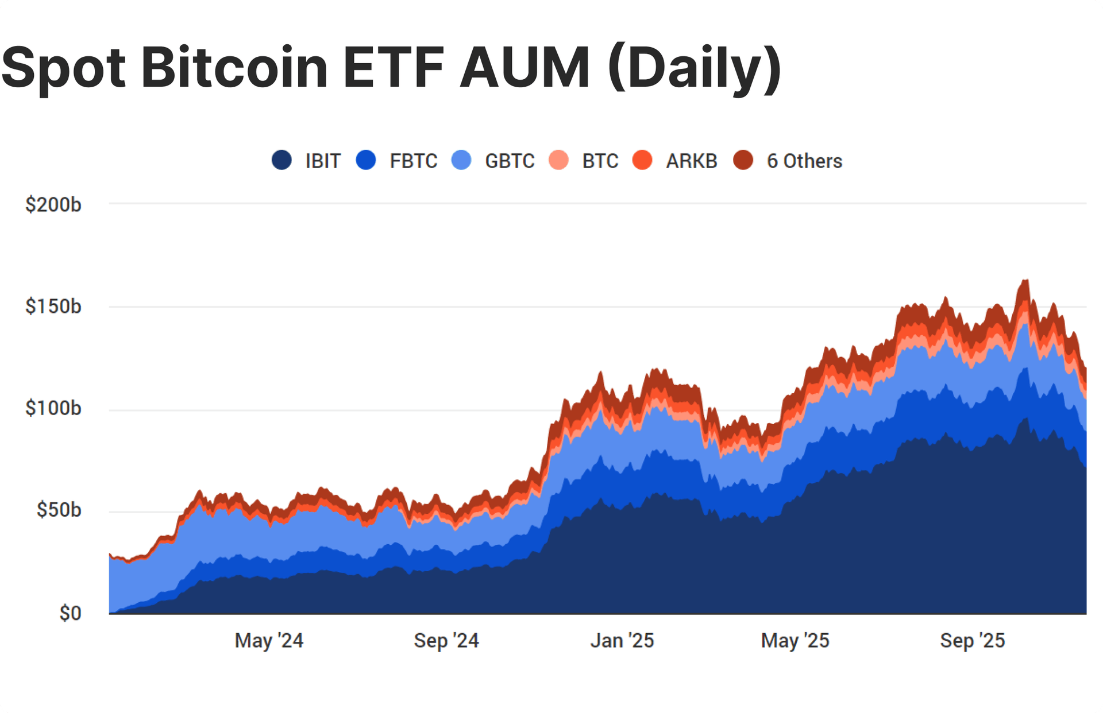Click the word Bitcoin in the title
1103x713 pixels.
tap(234, 68)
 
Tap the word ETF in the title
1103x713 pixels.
tap(394, 68)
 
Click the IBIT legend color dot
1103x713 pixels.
tap(281, 160)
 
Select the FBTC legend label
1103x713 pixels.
tap(413, 161)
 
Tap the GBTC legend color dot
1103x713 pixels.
tap(461, 160)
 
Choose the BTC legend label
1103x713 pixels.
tap(600, 161)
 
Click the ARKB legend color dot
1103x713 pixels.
tap(642, 160)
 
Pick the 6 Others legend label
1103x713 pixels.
tap(804, 161)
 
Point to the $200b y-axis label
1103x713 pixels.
tap(53, 204)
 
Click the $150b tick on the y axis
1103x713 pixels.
tap(53, 307)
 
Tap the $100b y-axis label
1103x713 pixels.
tap(53, 408)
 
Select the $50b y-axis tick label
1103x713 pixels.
tap(59, 510)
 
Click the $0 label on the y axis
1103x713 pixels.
tap(70, 613)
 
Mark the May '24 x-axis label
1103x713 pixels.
tap(269, 641)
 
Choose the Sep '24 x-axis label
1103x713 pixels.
tap(446, 641)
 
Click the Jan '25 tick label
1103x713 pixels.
tap(622, 641)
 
